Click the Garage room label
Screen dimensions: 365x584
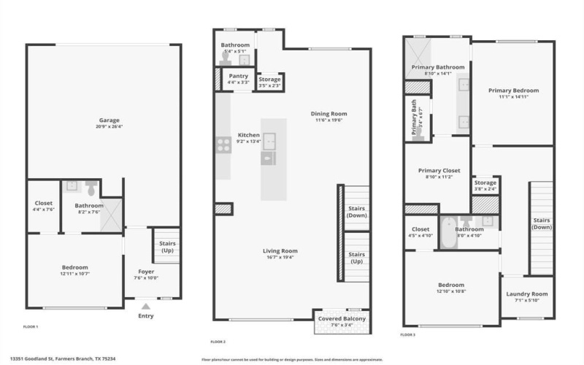coord(109,120)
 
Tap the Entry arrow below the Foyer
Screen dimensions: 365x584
coord(146,307)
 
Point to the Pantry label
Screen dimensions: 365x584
coord(239,76)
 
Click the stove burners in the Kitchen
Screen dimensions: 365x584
coord(223,145)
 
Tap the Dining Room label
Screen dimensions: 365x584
coord(328,114)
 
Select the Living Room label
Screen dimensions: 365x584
coord(281,251)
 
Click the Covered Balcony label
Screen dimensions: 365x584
coord(342,318)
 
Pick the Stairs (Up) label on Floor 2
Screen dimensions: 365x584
coord(357,258)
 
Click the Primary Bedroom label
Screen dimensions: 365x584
coord(513,91)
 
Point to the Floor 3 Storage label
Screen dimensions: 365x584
coord(485,182)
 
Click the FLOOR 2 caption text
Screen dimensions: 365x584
coord(218,342)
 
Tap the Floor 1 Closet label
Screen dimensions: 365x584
coord(44,204)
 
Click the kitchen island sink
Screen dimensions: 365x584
coord(270,140)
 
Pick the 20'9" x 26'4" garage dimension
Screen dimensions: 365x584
coord(109,126)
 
